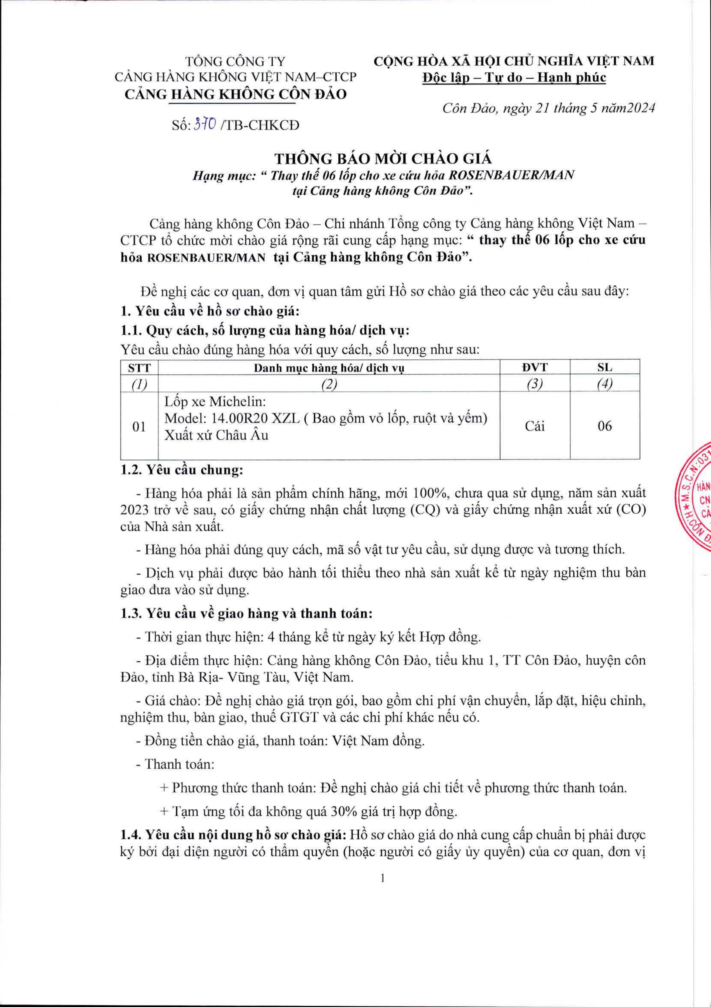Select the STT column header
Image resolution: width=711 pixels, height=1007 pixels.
pos(139,367)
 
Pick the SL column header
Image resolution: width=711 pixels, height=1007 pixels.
pos(604,367)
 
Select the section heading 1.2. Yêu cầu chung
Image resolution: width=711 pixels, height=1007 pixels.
pos(181,471)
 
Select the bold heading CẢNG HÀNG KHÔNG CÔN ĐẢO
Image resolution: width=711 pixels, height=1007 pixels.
pos(235,94)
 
